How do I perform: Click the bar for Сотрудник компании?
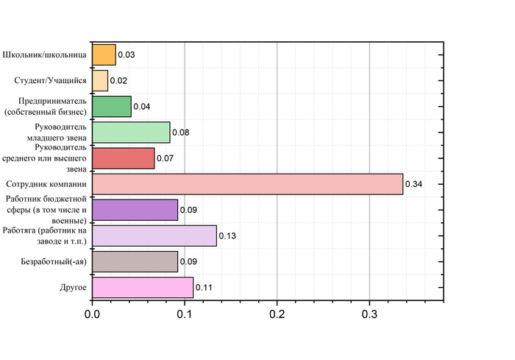tap(247, 184)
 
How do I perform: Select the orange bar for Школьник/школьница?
tap(104, 54)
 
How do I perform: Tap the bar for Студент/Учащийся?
tap(100, 80)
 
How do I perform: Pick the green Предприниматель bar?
tap(111, 106)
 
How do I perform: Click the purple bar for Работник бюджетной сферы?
tap(135, 210)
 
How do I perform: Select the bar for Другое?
tap(143, 287)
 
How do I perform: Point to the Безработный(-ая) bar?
tap(135, 261)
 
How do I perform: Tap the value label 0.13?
tap(227, 236)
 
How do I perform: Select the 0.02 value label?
tap(119, 80)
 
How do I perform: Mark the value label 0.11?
tap(204, 287)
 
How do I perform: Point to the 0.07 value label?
tap(166, 158)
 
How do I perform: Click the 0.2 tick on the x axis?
tap(277, 313)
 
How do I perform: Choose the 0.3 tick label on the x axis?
tap(369, 313)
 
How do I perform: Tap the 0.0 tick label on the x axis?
tap(92, 313)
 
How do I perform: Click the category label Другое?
tap(73, 287)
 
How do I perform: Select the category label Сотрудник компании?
tap(46, 184)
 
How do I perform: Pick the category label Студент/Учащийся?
tap(51, 80)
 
